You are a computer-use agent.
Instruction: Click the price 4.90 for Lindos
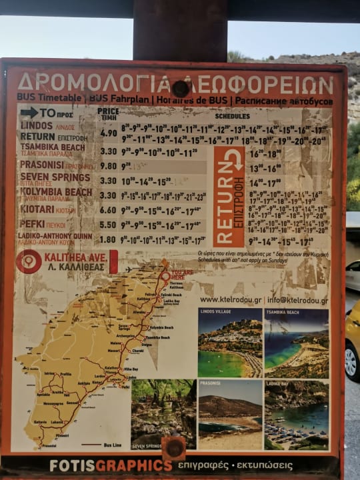108,133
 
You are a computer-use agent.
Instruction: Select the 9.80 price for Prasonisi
108,166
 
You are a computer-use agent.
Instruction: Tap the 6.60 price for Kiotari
108,210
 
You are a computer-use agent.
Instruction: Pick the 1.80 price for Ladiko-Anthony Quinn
108,239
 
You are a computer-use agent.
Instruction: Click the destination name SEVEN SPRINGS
55,177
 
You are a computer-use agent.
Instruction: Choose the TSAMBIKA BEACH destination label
53,147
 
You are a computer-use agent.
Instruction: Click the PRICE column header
108,111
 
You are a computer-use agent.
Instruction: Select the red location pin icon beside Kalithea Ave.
29,262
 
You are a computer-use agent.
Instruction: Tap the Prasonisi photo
229,414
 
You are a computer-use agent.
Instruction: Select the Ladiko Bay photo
297,414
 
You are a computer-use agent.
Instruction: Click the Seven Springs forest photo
163,414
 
